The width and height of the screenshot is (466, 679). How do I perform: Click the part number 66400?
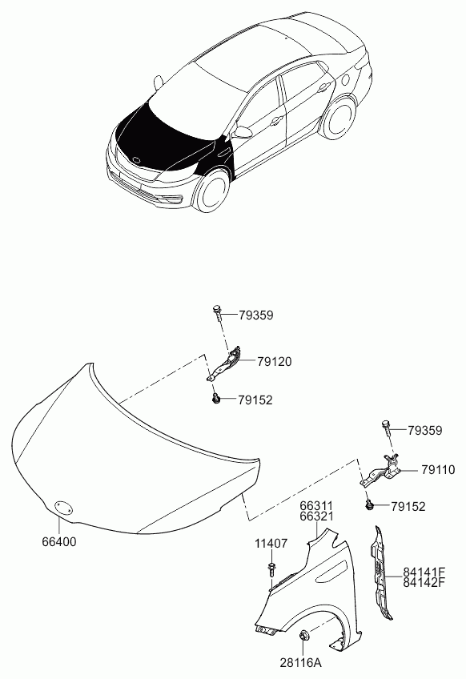59,541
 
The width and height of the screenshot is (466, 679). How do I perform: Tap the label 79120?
274,361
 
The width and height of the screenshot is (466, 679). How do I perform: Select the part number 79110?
438,469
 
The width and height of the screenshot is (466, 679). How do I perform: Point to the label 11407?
271,543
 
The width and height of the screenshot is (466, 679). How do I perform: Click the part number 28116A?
300,662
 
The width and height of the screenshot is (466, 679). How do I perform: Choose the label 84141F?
424,572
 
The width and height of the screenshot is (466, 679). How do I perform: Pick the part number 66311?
316,506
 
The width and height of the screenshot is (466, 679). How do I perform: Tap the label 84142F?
424,582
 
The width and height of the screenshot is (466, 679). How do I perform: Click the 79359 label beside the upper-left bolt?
256,315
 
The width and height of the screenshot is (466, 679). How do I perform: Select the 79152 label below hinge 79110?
408,506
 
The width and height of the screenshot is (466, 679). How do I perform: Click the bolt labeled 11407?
271,569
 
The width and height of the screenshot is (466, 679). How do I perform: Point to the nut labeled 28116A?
303,635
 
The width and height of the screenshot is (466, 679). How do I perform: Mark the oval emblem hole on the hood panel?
63,507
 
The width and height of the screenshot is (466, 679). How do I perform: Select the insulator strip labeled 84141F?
380,574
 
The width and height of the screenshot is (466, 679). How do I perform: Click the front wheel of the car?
211,191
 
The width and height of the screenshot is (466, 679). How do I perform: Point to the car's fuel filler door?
346,81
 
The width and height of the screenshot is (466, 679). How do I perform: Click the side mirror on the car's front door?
244,131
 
